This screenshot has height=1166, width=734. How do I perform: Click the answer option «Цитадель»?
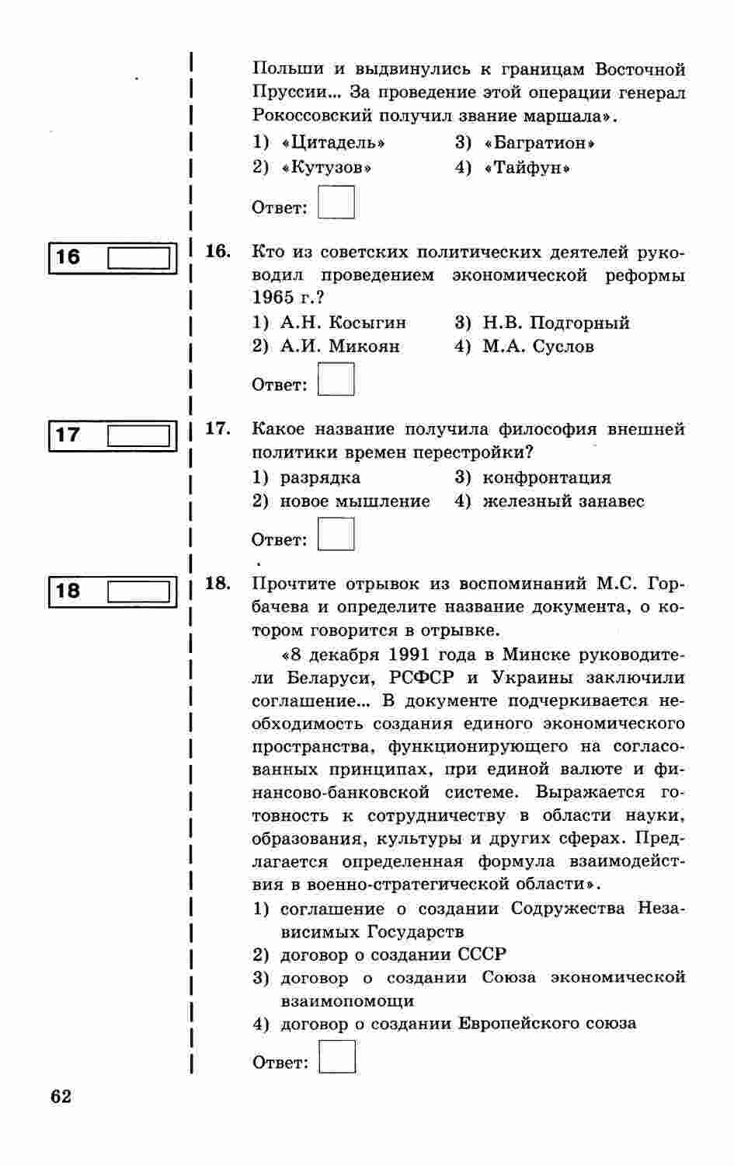click(332, 143)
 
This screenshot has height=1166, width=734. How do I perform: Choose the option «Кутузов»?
click(326, 168)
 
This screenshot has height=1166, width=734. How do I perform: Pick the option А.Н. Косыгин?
click(343, 323)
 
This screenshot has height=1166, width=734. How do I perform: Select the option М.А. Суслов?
click(537, 347)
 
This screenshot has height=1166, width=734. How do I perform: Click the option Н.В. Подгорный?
click(555, 323)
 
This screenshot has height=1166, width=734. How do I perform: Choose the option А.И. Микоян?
click(339, 347)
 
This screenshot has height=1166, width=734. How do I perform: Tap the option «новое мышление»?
click(354, 501)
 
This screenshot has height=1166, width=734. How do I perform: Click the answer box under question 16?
click(336, 380)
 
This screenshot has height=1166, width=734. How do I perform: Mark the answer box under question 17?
click(336, 535)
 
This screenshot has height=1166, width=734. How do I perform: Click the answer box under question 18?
click(337, 1057)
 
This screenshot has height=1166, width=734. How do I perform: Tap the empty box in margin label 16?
click(138, 257)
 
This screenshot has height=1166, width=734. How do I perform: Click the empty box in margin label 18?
click(138, 592)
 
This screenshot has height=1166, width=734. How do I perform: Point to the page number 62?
click(61, 1097)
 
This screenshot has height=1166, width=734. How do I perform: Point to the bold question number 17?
click(217, 428)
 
